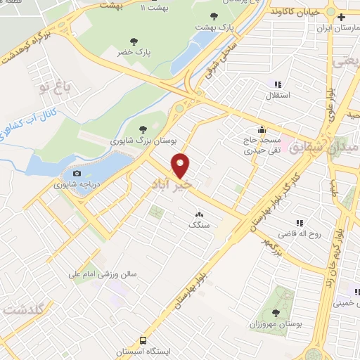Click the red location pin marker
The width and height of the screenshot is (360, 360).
(181, 166)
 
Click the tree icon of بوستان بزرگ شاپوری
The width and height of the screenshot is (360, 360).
(143, 129)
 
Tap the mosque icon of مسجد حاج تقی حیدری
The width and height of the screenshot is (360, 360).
(262, 129)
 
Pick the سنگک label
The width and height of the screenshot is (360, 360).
(198, 226)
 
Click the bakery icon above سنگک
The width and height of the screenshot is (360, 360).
(198, 214)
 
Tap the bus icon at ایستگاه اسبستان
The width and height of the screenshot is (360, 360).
(143, 338)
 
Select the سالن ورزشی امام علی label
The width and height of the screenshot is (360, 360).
(107, 275)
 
